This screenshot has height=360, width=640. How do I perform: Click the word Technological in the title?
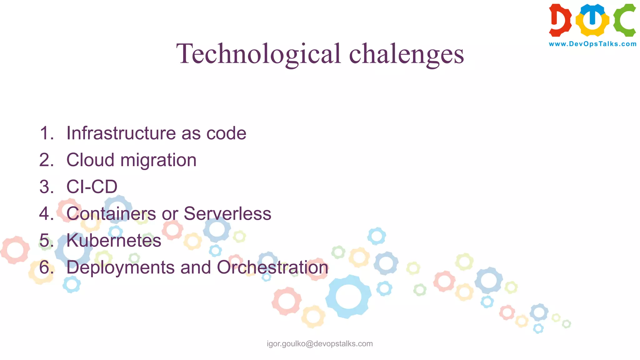point(258,54)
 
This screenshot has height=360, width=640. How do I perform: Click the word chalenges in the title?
point(406,54)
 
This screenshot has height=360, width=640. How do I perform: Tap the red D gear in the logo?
point(560,20)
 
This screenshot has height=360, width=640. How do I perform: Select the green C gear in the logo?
point(624,20)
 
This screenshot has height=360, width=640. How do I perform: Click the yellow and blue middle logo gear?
point(592,20)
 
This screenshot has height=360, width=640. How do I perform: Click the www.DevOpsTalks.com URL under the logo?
point(592,44)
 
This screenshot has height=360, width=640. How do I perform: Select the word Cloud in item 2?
point(90,160)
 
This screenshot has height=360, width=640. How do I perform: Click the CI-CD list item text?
point(92,187)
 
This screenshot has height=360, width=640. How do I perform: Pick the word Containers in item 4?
point(111,214)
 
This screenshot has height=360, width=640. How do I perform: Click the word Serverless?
point(227,214)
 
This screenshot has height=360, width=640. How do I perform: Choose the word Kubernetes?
point(114,241)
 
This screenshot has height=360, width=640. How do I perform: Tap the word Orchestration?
point(272,267)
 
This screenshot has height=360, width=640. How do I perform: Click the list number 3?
point(46,187)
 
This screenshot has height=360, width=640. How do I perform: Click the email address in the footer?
point(320,344)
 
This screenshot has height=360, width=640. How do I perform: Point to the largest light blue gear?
point(348,296)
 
